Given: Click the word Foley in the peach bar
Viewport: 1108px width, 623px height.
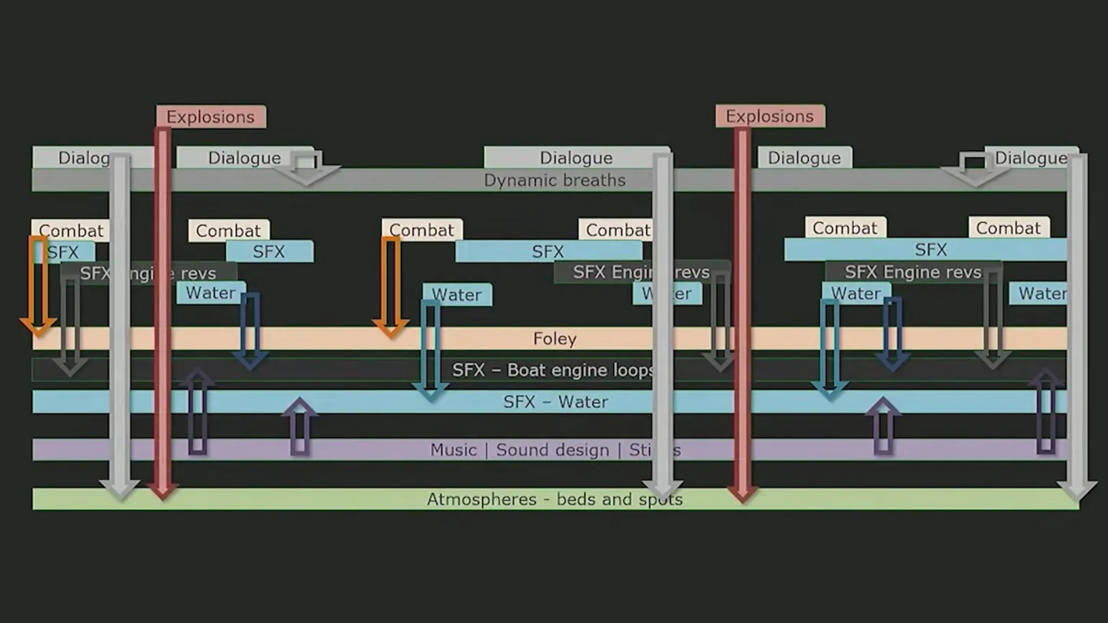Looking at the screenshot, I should [555, 339].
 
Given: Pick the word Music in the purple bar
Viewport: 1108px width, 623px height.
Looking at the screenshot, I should [453, 450].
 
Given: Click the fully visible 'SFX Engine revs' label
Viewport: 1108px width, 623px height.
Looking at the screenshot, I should [912, 272].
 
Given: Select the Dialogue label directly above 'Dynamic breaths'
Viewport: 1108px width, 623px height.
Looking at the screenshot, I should [576, 158].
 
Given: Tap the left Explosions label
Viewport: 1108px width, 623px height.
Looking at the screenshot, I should [210, 117].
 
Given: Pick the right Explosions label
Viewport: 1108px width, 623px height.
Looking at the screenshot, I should [769, 117].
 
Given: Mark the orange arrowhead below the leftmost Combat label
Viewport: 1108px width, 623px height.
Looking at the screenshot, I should [39, 329].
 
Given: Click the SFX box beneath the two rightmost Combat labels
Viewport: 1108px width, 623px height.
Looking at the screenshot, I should [930, 250].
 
